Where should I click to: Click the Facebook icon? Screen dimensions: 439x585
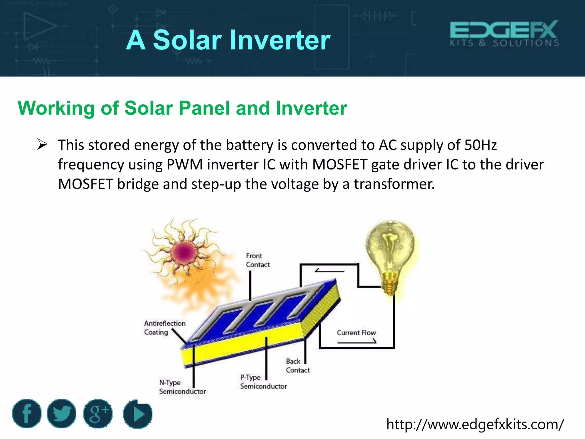(27, 414)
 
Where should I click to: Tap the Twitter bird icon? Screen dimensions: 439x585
(61, 414)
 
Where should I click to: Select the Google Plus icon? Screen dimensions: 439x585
(98, 414)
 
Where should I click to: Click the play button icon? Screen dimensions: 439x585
(138, 414)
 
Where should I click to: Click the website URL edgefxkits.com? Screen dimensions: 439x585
(475, 424)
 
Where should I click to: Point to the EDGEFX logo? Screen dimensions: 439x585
(504, 33)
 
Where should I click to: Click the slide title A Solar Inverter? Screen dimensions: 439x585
(228, 40)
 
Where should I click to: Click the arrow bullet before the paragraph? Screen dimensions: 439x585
(42, 145)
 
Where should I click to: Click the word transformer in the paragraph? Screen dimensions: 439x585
(394, 184)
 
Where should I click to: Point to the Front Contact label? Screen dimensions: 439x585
(258, 260)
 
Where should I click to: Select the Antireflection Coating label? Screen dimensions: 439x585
(165, 328)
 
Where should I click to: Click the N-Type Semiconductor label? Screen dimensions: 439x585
(182, 387)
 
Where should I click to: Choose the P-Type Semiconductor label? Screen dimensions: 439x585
(263, 382)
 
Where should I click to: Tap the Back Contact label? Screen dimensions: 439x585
(297, 366)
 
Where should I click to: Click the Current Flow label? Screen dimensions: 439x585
(356, 333)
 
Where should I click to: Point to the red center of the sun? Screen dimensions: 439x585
(184, 252)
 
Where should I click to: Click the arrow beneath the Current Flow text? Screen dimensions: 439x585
(357, 342)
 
